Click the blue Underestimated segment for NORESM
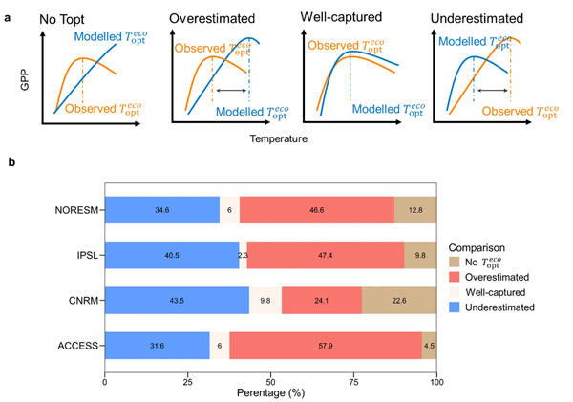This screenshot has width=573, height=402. pos(161,209)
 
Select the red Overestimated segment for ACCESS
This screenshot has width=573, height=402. pos(326,346)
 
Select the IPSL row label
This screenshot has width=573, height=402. pos(83,255)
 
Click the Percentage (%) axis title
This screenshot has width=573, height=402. pos(270,392)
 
